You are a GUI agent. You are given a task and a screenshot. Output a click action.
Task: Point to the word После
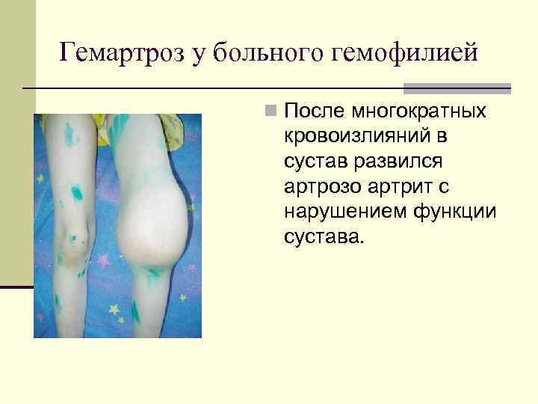click(314, 111)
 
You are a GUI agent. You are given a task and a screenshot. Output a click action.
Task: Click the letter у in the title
click(195, 55)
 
